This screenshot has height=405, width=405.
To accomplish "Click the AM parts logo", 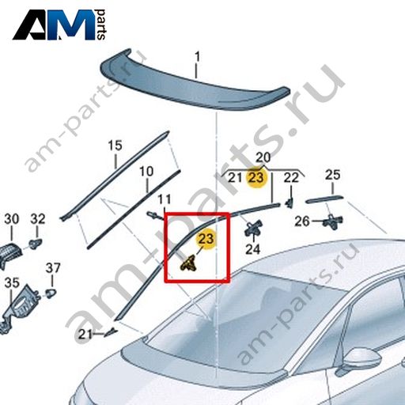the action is click(59, 25).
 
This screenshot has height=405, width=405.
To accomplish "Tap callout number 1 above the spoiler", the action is click(197, 57).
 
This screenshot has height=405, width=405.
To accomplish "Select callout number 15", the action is click(115, 146).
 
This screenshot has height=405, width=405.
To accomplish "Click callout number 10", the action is click(146, 171).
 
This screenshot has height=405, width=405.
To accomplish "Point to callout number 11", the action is click(164, 199).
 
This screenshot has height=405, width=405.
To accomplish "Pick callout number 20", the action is click(263, 157).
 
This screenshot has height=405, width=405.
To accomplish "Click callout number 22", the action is click(291, 178).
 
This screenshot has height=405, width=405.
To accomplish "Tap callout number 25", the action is click(332, 175).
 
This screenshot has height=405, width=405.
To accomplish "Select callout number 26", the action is click(302, 221).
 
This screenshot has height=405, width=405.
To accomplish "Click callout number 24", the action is click(252, 249).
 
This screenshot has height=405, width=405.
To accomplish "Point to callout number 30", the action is click(12, 219).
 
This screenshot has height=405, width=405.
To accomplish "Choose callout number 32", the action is click(38, 219).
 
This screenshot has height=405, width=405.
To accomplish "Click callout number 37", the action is click(53, 268).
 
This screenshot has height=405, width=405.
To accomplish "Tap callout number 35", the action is click(12, 283).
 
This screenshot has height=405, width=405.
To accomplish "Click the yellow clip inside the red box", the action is click(188, 264).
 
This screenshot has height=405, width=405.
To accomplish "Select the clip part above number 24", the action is click(253, 228).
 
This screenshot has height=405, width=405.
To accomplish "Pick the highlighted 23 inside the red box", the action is click(206, 239).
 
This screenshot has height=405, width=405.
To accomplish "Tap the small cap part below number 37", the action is click(51, 293).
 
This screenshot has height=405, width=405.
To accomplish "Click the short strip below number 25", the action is click(324, 199).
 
